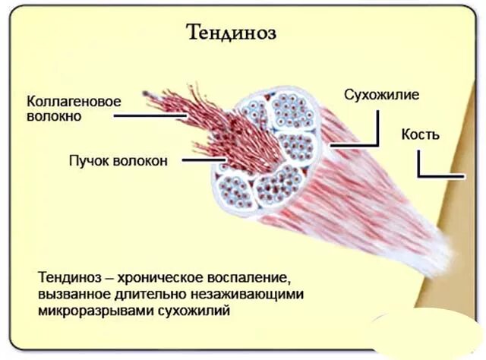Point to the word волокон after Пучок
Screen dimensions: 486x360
(143, 160)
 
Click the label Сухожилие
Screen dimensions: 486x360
(381, 96)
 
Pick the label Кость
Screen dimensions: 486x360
(420, 134)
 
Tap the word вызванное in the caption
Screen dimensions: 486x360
(71, 294)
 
